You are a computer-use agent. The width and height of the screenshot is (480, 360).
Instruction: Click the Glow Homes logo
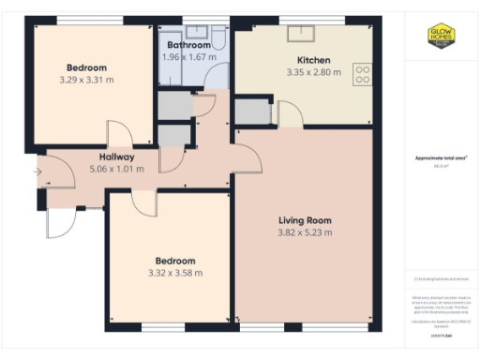(x=441, y=37)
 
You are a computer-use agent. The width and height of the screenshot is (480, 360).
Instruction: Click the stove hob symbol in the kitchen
(x=361, y=74)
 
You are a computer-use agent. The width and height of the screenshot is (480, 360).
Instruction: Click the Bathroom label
(x=188, y=45)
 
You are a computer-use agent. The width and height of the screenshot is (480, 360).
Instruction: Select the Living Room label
(x=305, y=220)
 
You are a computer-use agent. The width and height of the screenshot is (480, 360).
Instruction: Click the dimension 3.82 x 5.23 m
(x=305, y=233)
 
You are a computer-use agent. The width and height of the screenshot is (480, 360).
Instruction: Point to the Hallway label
(x=112, y=157)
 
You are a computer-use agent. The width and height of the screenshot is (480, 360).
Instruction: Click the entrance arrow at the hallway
(x=37, y=172)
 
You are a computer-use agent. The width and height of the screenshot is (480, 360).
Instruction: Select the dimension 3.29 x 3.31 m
(x=86, y=81)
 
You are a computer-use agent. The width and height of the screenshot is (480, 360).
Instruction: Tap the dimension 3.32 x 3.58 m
(x=175, y=273)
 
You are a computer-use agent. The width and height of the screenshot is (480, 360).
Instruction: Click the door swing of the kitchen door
(x=291, y=115)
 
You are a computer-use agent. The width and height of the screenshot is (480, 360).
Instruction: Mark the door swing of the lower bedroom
(x=143, y=203)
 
